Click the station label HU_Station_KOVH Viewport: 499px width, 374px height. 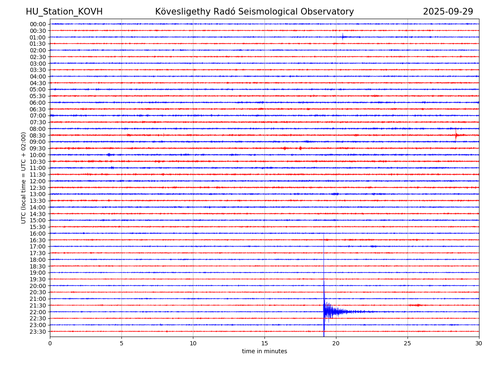pyautogui.click(x=64, y=12)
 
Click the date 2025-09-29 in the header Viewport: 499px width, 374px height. pyautogui.click(x=448, y=12)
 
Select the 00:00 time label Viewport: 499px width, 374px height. pyautogui.click(x=38, y=24)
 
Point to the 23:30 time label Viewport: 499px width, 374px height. pyautogui.click(x=38, y=332)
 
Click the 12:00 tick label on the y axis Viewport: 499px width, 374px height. pyautogui.click(x=38, y=181)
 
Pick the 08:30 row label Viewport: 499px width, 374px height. pyautogui.click(x=38, y=135)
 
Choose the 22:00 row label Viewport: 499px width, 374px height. pyautogui.click(x=38, y=312)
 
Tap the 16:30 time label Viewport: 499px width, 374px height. pyautogui.click(x=38, y=240)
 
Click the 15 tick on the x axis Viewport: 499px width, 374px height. pyautogui.click(x=264, y=343)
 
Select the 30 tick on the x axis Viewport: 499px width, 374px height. pyautogui.click(x=479, y=343)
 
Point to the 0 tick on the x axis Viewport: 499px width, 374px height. pyautogui.click(x=50, y=343)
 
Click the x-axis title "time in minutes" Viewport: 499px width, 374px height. pyautogui.click(x=264, y=352)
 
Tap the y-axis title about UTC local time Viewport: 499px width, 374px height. pyautogui.click(x=24, y=178)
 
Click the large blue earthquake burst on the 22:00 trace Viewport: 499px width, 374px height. pyautogui.click(x=329, y=311)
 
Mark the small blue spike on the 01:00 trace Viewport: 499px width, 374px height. pyautogui.click(x=343, y=37)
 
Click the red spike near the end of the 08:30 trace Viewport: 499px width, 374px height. pyautogui.click(x=456, y=135)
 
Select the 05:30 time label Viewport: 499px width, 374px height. pyautogui.click(x=38, y=96)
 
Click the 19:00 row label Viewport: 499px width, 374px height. pyautogui.click(x=38, y=273)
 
